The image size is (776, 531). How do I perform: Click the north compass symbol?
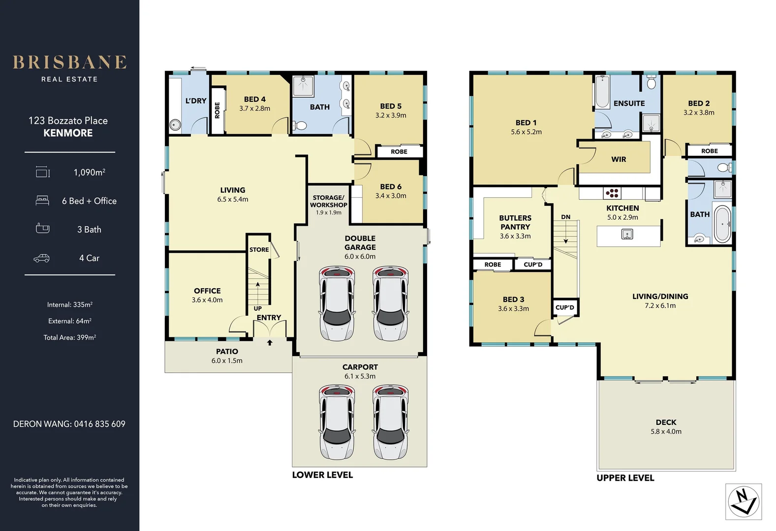(x=744, y=501)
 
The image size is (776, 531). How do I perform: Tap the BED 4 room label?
(x=254, y=99)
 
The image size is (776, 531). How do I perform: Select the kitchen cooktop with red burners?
(x=612, y=193)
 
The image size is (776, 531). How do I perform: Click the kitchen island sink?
(x=627, y=235)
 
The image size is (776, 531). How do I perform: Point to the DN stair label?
(x=566, y=217)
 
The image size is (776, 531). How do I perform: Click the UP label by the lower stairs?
(x=258, y=308)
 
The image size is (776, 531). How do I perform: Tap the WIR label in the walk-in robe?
(x=619, y=160)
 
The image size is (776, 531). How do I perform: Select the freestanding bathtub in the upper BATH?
(x=722, y=224)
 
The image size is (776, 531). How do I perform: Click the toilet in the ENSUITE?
(x=652, y=82)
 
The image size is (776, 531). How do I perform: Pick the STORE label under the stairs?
(x=259, y=250)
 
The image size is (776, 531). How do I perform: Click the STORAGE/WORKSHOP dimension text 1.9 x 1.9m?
(x=328, y=212)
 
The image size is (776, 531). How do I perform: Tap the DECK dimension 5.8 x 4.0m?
(x=666, y=432)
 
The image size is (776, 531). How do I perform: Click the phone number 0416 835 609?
(x=100, y=424)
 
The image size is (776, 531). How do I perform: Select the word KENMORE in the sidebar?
(x=68, y=133)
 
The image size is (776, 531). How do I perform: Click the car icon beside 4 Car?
(x=41, y=258)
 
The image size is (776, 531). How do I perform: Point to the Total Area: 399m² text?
(x=70, y=337)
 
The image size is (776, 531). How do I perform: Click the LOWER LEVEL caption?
(x=322, y=475)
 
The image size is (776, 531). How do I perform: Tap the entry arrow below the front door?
(x=270, y=342)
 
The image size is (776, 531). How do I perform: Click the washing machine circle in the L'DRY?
(x=175, y=124)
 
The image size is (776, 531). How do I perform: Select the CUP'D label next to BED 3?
(x=565, y=307)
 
